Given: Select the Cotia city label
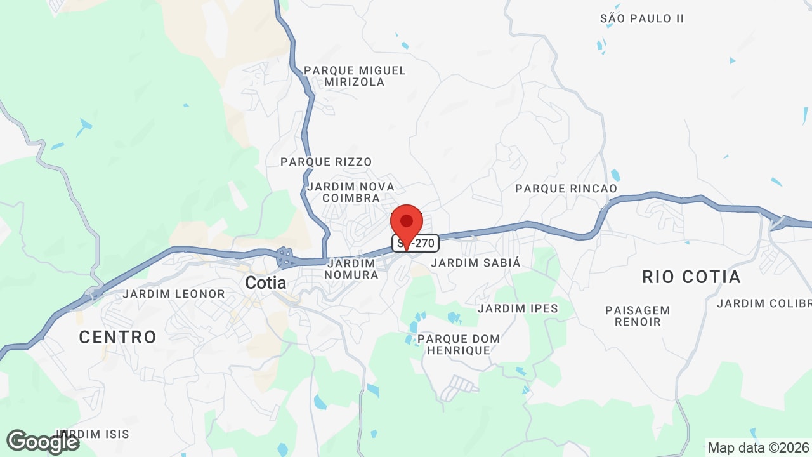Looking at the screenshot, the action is pyautogui.click(x=266, y=283).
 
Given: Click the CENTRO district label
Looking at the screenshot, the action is pyautogui.click(x=118, y=337).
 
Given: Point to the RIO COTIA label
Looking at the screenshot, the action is pyautogui.click(x=691, y=277).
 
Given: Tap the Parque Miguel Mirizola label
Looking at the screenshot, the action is pyautogui.click(x=355, y=76).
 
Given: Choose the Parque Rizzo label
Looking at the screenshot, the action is pyautogui.click(x=326, y=162).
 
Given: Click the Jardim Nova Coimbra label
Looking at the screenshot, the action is pyautogui.click(x=351, y=192).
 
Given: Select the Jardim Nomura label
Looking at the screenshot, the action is pyautogui.click(x=351, y=268).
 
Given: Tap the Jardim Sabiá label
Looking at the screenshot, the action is pyautogui.click(x=476, y=262).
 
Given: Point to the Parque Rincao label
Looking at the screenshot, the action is pyautogui.click(x=566, y=189).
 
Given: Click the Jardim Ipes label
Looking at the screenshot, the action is pyautogui.click(x=518, y=309).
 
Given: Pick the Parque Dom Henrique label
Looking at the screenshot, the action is pyautogui.click(x=459, y=345).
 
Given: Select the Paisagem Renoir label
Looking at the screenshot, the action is pyautogui.click(x=638, y=316).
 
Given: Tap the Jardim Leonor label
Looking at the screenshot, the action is pyautogui.click(x=174, y=294).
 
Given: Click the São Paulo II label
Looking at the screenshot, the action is pyautogui.click(x=642, y=18).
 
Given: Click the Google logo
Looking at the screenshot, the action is pyautogui.click(x=43, y=442).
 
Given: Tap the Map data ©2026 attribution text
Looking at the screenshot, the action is pyautogui.click(x=759, y=447).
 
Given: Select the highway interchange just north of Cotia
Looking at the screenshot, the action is pyautogui.click(x=285, y=257).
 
